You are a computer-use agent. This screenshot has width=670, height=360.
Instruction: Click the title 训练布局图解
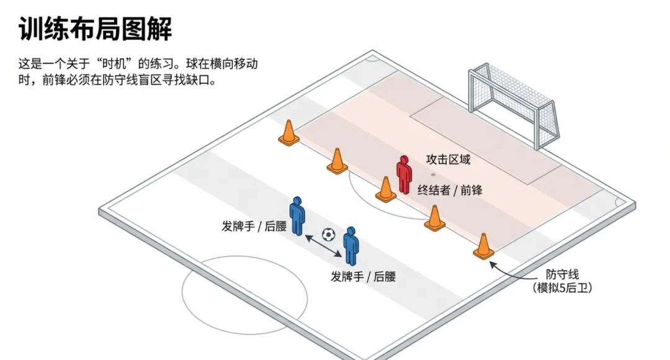[x=95, y=29]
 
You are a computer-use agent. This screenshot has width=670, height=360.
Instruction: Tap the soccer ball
[x=328, y=235]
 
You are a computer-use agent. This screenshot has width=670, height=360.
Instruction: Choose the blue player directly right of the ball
[x=351, y=246]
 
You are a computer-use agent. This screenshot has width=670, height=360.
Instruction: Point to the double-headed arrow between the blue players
[x=322, y=245]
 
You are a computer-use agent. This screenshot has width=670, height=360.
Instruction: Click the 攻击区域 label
[x=448, y=160]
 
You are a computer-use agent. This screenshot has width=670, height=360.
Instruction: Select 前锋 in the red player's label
[x=471, y=191]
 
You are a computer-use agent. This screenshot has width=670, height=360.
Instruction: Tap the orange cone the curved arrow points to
[x=483, y=246]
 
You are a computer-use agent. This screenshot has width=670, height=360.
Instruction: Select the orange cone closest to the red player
[x=385, y=190]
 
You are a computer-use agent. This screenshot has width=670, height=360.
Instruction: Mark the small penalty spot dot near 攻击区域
[x=433, y=174]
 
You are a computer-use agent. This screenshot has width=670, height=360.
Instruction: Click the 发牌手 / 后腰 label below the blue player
[x=363, y=277]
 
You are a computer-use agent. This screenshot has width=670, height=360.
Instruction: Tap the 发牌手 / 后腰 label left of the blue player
[x=254, y=226]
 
